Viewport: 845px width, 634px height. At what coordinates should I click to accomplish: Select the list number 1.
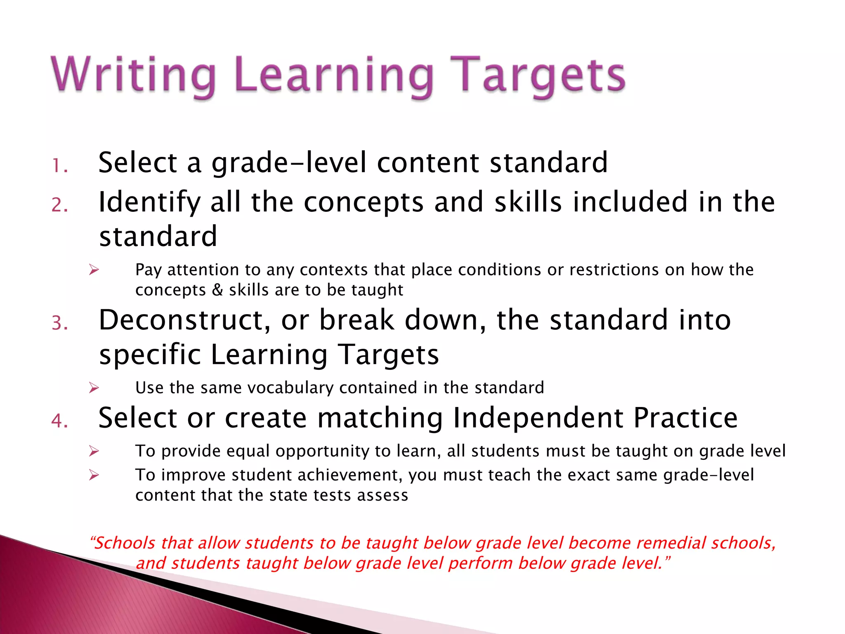click(60, 166)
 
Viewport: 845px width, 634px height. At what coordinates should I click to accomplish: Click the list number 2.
click(60, 205)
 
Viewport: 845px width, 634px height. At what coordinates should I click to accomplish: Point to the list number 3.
click(60, 323)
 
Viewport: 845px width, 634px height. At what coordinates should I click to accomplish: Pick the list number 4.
click(60, 421)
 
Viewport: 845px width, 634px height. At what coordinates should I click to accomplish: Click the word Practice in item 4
click(685, 419)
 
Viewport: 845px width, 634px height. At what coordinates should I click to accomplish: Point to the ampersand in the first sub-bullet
click(217, 290)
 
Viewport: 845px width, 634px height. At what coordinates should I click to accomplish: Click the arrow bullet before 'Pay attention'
click(94, 270)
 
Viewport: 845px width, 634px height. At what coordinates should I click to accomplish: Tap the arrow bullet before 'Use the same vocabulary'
click(94, 388)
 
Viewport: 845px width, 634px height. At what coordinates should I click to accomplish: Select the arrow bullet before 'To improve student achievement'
click(94, 475)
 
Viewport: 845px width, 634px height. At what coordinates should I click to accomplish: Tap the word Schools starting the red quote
click(125, 543)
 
